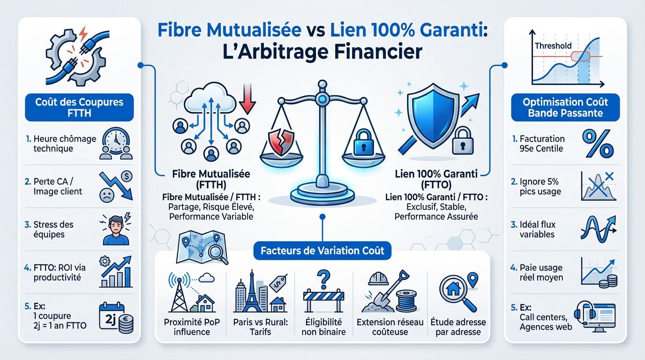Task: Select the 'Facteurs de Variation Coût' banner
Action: [x=322, y=250]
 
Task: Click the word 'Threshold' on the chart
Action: [x=553, y=45]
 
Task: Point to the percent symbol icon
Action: [x=597, y=144]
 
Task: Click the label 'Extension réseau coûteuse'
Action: [x=390, y=327]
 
